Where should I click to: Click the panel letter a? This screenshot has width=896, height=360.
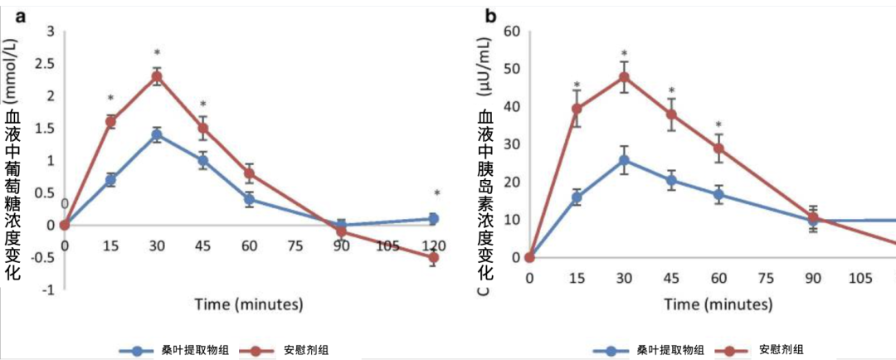point(22,16)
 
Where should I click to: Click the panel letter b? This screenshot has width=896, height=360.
point(490,16)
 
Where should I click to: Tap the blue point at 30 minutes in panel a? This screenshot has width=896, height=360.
point(157,134)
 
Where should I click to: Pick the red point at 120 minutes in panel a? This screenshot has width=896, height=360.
point(434,257)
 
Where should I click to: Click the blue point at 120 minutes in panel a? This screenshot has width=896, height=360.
point(434,218)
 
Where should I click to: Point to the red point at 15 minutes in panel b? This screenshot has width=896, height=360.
point(577,109)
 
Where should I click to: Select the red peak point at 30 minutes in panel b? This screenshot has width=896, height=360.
point(624,76)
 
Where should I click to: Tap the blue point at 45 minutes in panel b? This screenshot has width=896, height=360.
point(671,180)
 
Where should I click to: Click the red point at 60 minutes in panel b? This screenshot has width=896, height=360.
point(718,148)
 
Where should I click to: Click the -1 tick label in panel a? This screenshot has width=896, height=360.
point(50,289)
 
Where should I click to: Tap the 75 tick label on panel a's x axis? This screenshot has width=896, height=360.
point(295,246)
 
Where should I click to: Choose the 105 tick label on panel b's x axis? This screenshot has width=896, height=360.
point(860,277)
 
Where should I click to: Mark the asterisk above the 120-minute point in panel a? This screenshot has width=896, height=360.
point(436,194)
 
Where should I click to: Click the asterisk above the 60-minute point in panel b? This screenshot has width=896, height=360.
point(718,124)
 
